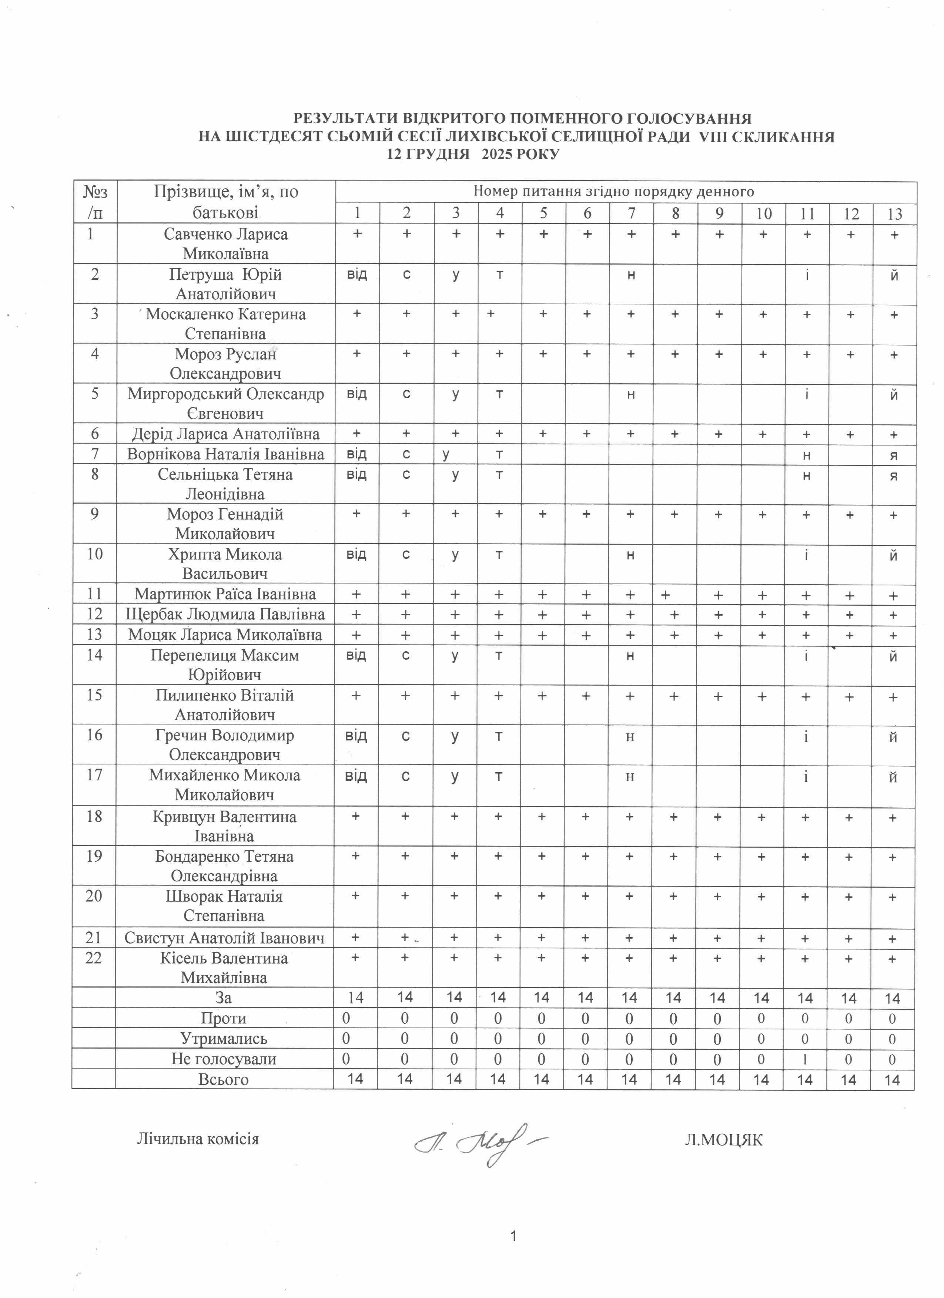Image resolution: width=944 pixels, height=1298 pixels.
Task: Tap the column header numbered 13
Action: click(x=894, y=214)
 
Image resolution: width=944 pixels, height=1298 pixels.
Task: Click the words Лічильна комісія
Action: click(x=198, y=1139)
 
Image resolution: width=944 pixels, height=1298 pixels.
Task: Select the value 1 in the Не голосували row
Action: click(x=805, y=1059)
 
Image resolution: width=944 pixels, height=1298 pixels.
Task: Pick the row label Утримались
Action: click(x=224, y=1039)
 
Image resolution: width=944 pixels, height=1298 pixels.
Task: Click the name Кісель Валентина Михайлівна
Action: click(x=224, y=968)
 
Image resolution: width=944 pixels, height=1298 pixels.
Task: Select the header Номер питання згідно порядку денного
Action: click(x=613, y=192)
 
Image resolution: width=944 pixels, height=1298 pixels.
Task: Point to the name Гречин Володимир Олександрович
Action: click(x=224, y=744)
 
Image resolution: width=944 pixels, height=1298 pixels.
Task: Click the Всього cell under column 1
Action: click(x=355, y=1079)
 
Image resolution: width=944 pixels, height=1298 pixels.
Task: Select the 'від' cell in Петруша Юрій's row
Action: click(x=356, y=275)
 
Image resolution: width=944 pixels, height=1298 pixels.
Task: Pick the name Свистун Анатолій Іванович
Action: click(x=224, y=938)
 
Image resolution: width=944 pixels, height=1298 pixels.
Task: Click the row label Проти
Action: click(x=224, y=1019)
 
